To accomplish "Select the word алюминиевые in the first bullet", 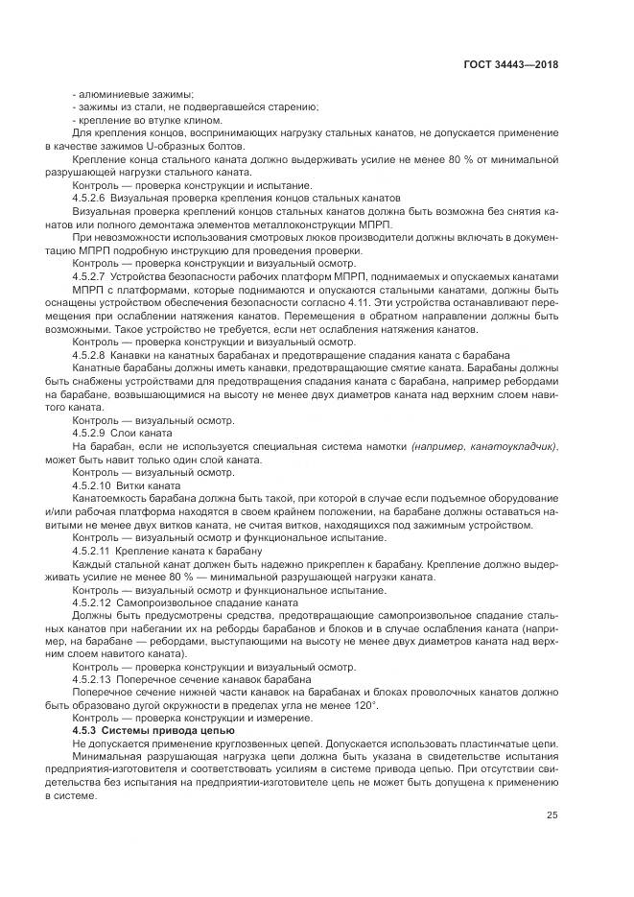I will click(109, 94).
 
